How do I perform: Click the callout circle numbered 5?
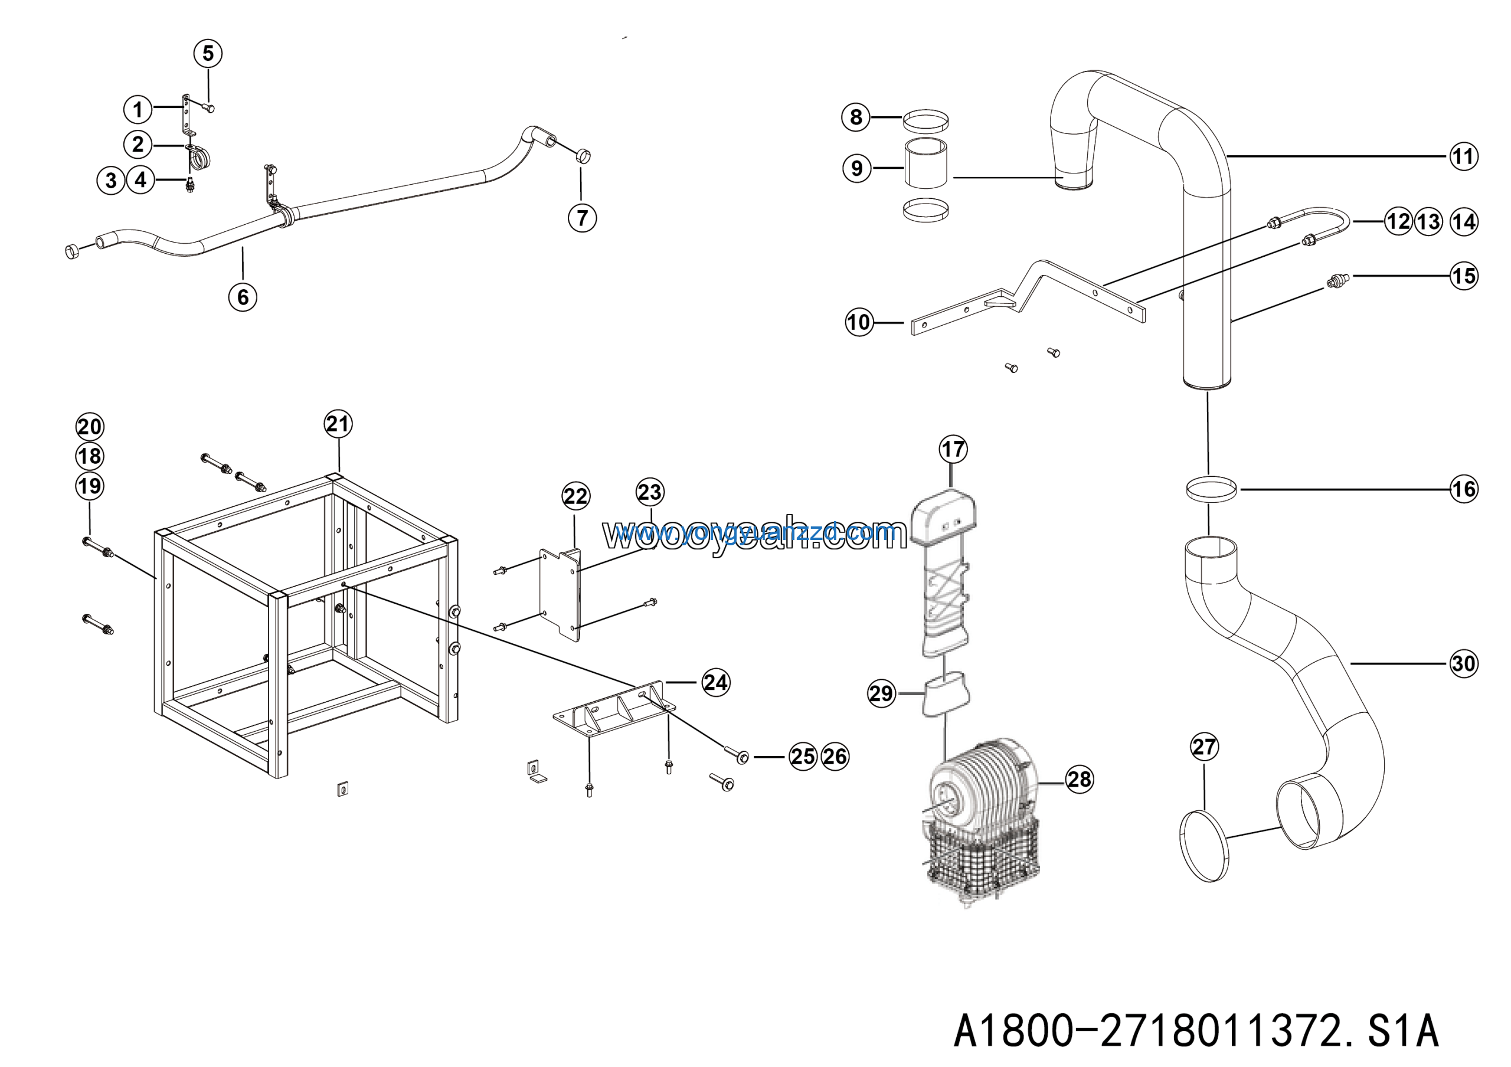point(208,53)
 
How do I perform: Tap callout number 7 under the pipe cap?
point(582,218)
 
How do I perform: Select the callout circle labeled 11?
point(1463,156)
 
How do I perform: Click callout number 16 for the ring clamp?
point(1464,489)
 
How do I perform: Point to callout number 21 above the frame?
point(338,424)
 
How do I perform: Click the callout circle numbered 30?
point(1464,664)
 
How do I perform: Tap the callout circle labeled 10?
point(859,322)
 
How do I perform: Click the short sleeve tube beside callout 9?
point(925,164)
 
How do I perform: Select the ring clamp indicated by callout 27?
point(1203,846)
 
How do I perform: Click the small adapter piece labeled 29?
point(946,695)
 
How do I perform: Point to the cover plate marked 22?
point(560,593)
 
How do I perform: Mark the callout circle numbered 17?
point(953,450)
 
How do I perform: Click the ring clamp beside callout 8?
point(925,121)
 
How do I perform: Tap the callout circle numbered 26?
point(835,757)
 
